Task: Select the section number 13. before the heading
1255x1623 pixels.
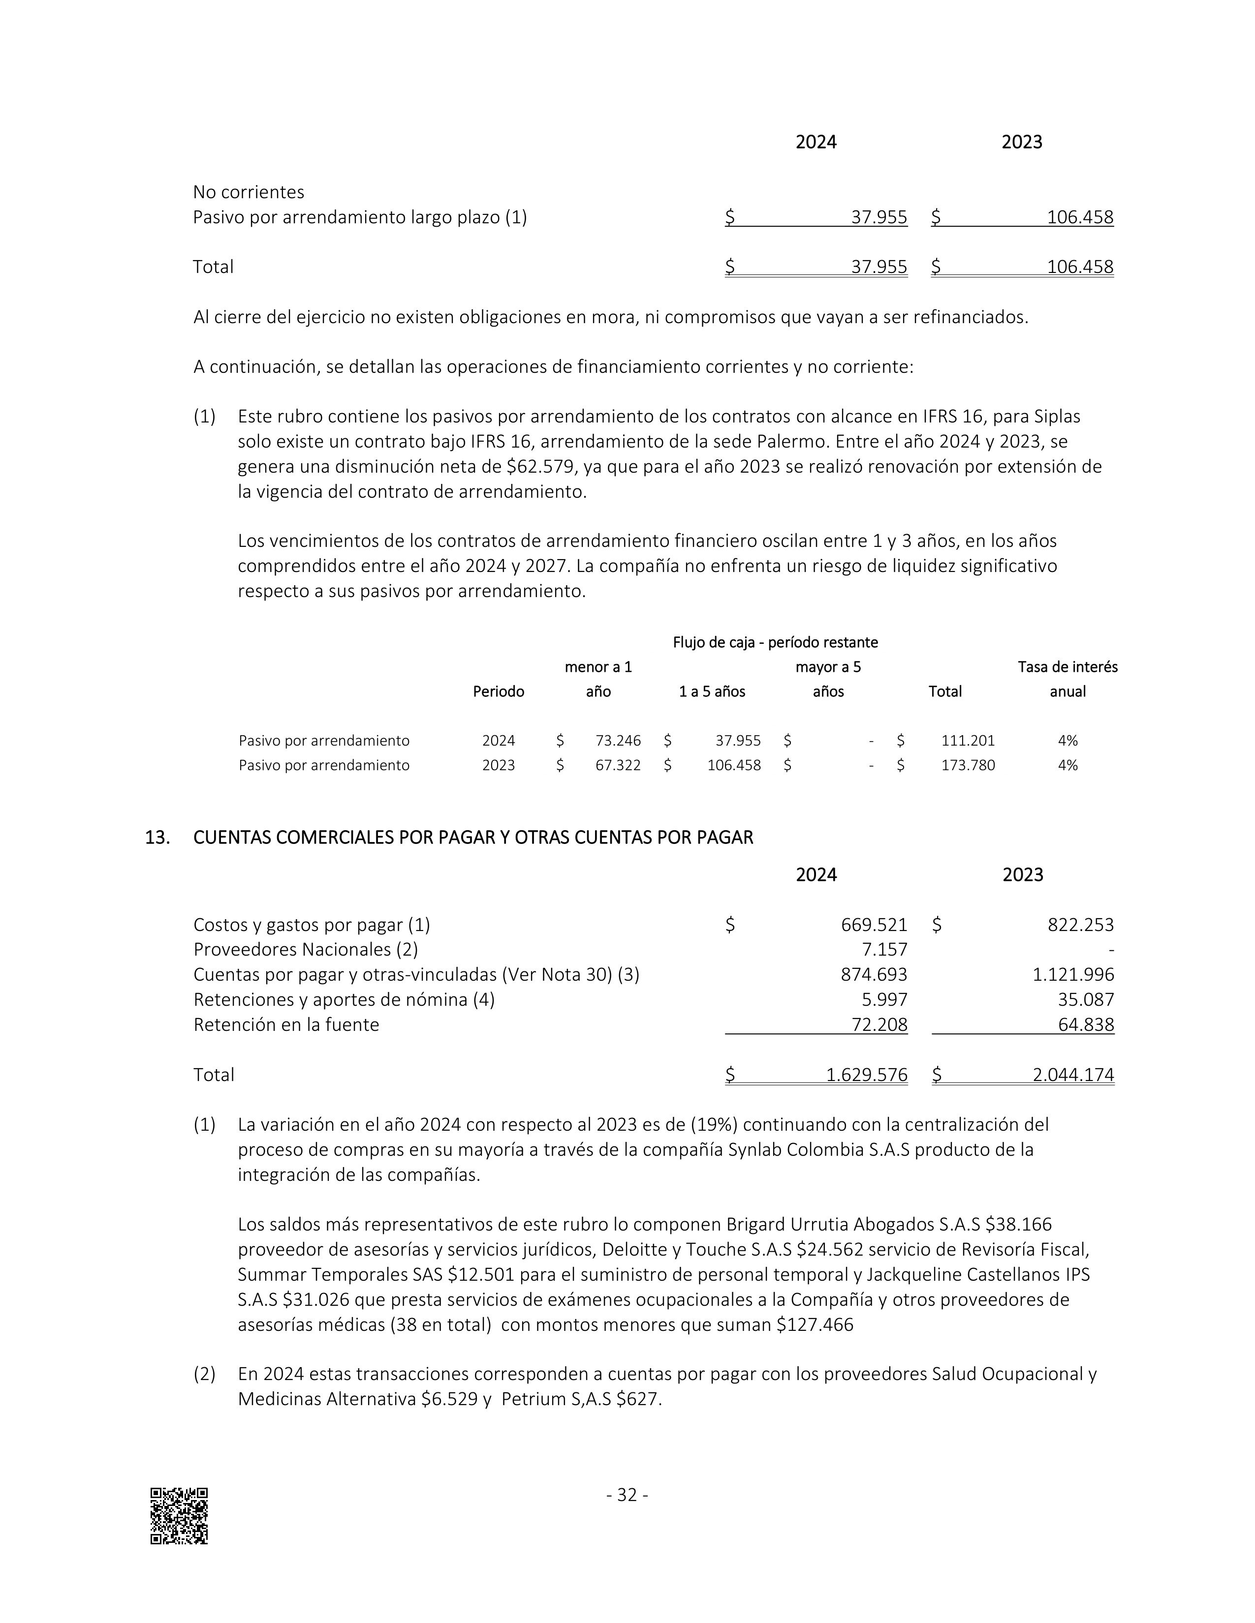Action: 157,838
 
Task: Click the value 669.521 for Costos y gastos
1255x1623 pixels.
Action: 874,925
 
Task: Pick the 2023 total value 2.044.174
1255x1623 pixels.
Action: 1073,1075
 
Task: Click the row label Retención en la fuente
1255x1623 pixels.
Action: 286,1025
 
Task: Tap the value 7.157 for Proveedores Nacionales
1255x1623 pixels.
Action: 885,950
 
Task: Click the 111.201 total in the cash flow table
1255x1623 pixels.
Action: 968,740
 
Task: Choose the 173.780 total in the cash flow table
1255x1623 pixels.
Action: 968,765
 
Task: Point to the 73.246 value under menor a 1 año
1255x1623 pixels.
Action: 618,740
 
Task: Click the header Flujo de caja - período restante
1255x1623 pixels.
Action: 776,642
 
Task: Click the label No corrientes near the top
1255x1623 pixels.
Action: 249,192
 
